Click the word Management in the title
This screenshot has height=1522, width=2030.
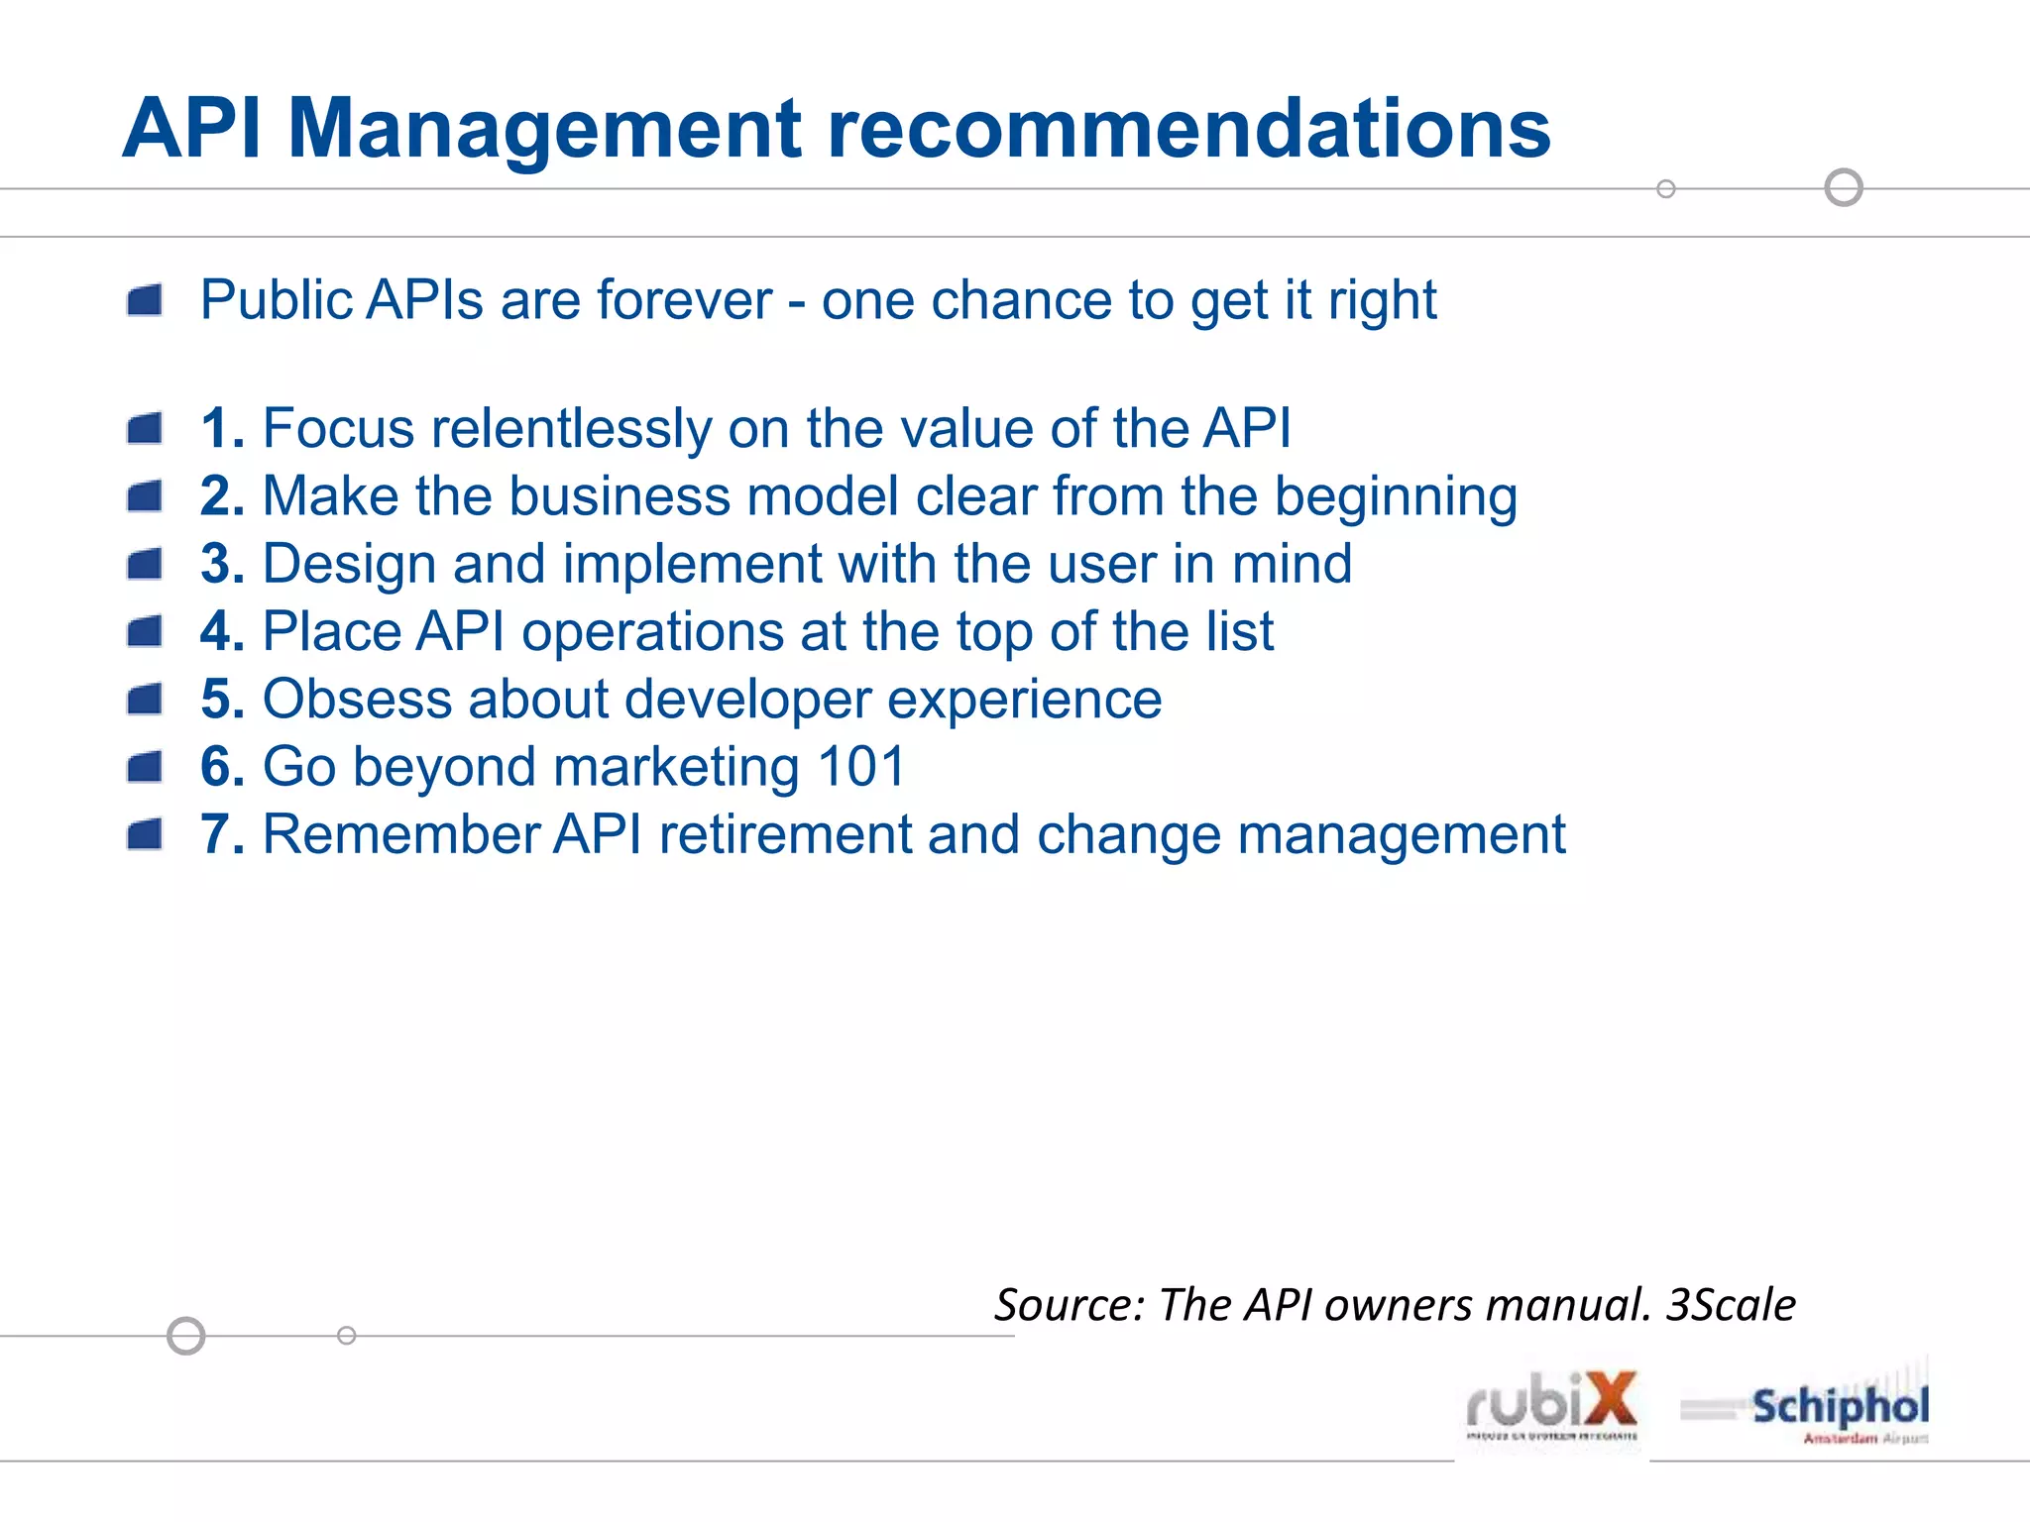[x=543, y=129]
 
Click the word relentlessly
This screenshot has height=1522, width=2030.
[x=571, y=429]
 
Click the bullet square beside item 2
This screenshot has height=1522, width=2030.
[x=145, y=496]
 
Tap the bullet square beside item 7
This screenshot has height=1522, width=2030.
[x=145, y=834]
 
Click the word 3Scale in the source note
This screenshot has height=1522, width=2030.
[x=1730, y=1305]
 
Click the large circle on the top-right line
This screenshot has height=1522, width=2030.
[x=1844, y=187]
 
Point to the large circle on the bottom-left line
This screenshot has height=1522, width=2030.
[x=186, y=1336]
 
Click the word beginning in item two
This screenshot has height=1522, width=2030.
[x=1395, y=496]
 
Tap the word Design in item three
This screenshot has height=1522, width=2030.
[x=349, y=564]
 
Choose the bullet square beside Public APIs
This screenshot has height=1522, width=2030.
[x=145, y=300]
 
